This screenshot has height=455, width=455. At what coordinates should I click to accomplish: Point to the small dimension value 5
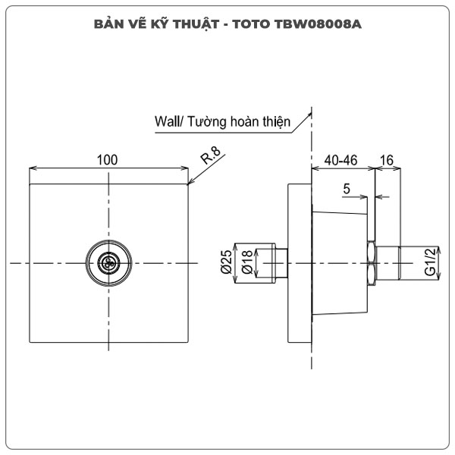(346, 190)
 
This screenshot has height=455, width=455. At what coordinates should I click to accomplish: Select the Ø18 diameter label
(246, 262)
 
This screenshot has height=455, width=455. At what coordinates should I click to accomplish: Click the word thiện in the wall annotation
(275, 121)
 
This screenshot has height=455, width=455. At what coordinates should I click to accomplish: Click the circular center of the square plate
(109, 262)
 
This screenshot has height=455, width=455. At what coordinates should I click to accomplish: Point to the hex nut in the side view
(371, 263)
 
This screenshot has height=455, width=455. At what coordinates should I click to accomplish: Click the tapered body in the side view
(339, 262)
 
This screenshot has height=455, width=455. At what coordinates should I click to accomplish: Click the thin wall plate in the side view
(300, 262)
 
